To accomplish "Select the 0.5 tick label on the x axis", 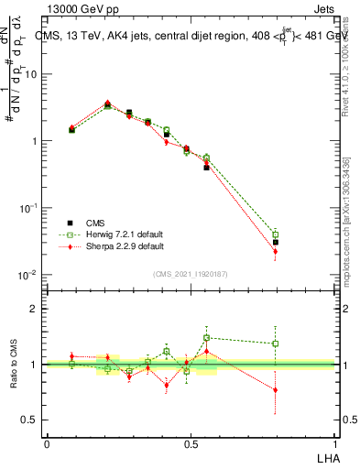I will (x=191, y=443).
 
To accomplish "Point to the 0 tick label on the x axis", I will (x=47, y=443).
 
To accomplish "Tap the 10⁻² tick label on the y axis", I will (x=27, y=275).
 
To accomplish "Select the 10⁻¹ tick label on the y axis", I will (x=27, y=208).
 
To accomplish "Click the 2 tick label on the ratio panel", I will (x=34, y=309).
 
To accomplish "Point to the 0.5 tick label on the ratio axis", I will (x=30, y=420).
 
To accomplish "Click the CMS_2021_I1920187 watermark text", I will (x=190, y=274).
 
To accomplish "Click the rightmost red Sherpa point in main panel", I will (x=275, y=251).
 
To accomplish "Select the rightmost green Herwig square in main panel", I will (x=275, y=235).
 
